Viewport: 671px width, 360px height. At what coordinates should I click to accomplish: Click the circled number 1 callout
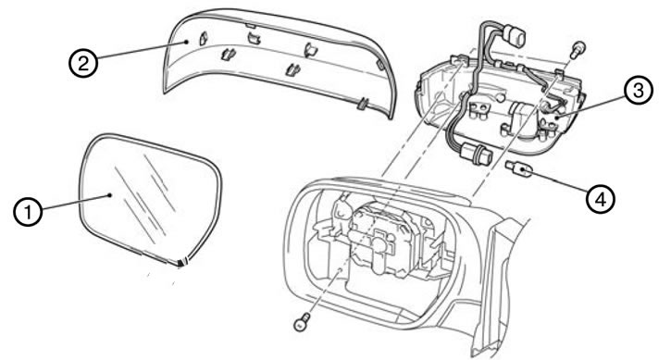click(x=28, y=212)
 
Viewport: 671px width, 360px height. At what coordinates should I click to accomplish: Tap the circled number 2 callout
click(x=83, y=63)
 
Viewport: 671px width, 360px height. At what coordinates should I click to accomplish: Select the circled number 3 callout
click(x=638, y=91)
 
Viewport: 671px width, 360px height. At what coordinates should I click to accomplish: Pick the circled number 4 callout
click(x=601, y=199)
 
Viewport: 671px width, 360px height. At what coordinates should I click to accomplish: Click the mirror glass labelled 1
click(x=151, y=198)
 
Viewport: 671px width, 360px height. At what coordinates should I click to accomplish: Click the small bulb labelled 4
click(x=518, y=170)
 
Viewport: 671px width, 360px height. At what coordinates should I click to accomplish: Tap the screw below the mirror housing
click(x=302, y=321)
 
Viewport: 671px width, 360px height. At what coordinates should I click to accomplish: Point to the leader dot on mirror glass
click(x=110, y=194)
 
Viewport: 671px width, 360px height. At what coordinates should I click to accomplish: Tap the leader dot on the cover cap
click(x=187, y=42)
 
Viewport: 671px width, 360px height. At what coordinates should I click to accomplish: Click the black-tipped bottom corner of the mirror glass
click(x=182, y=263)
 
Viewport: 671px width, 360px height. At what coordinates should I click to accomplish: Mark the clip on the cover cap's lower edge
click(x=364, y=104)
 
